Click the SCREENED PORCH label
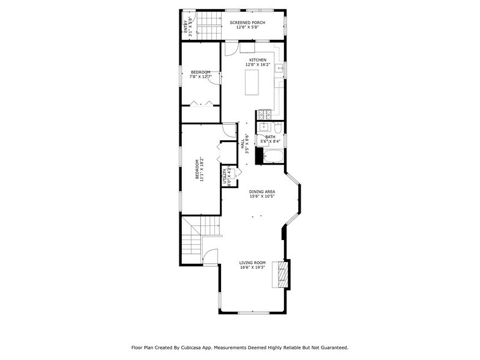(247, 22)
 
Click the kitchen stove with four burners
(264, 114)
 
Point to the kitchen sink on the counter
(279, 69)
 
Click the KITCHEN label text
(257, 60)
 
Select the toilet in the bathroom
(277, 128)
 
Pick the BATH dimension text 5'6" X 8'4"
(270, 141)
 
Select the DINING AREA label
(261, 192)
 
